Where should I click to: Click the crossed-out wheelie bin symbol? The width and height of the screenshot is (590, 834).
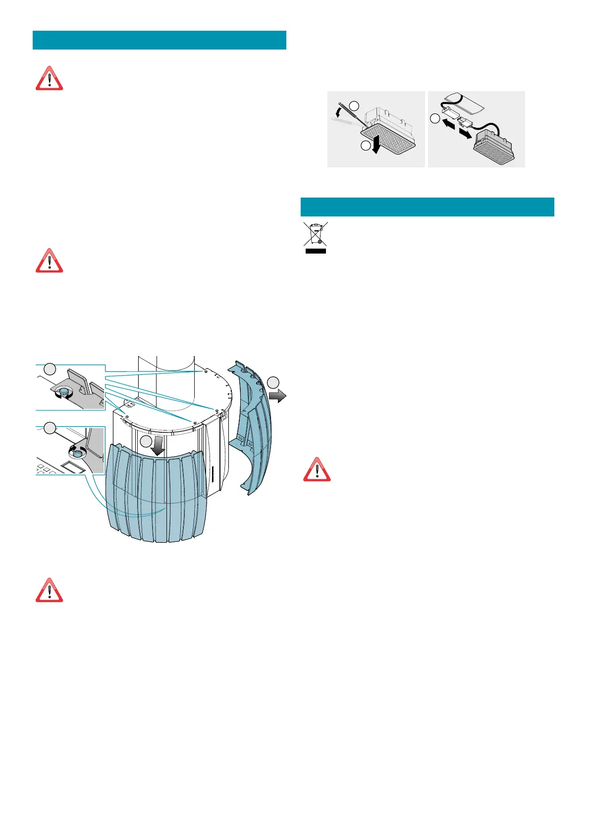315,234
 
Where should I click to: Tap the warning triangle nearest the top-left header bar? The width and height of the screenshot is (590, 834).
49,79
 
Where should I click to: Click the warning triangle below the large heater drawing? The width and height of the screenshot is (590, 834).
49,590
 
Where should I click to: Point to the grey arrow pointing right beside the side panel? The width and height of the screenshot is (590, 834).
278,395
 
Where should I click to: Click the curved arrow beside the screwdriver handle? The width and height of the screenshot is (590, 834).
339,109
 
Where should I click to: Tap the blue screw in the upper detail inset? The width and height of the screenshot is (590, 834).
63,392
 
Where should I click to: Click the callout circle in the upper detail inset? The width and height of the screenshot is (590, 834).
50,369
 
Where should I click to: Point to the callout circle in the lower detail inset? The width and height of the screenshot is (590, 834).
50,428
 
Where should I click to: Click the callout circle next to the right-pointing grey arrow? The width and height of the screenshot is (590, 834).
273,382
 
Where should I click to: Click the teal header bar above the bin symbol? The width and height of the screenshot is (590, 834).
427,207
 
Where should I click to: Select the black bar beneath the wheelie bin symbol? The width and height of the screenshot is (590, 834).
315,251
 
